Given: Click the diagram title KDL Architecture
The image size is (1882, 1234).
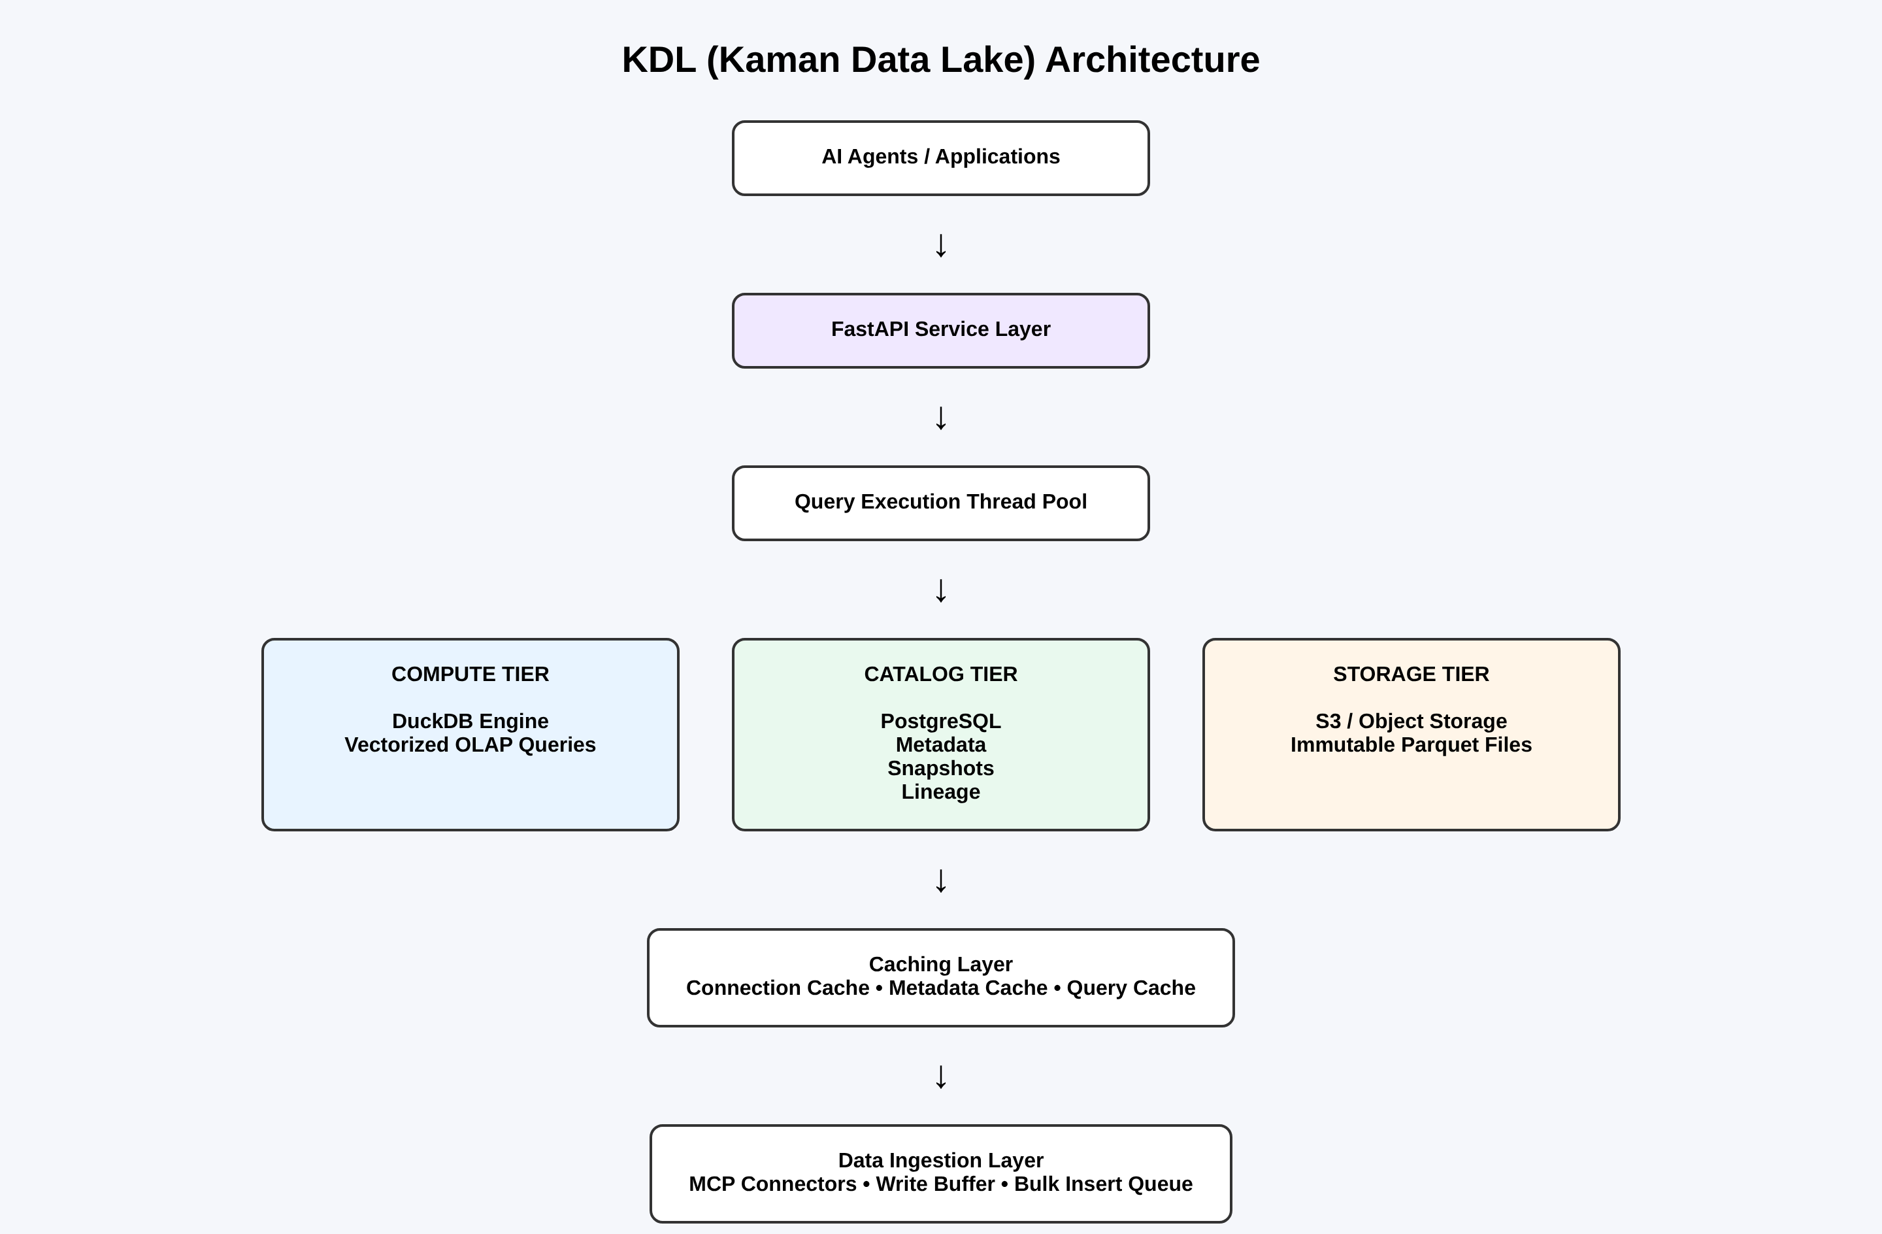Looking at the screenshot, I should [x=940, y=60].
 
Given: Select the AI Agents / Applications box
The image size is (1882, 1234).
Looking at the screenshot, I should [x=940, y=158].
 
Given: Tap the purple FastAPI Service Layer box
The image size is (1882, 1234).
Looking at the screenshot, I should [x=940, y=330].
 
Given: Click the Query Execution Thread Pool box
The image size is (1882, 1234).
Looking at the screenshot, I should [x=940, y=503].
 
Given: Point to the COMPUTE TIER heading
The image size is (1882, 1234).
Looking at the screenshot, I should [x=470, y=674].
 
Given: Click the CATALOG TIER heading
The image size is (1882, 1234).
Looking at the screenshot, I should [x=940, y=674].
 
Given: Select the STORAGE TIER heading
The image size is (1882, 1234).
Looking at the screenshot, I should [x=1411, y=674].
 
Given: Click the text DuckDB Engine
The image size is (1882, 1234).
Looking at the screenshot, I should [x=470, y=721].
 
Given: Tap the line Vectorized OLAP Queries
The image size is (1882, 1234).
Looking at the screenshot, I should [x=470, y=744].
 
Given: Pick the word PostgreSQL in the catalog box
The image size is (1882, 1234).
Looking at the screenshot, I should [x=940, y=721].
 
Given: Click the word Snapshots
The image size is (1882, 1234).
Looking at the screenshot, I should [x=940, y=768].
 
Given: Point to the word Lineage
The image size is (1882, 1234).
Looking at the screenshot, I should [x=940, y=792].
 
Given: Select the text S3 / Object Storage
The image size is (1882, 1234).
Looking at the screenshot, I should [x=1411, y=721].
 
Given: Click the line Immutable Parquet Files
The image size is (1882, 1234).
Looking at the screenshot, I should [x=1411, y=744].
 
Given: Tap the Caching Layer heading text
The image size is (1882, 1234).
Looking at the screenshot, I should [x=940, y=963].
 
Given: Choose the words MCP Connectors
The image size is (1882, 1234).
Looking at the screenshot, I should [x=772, y=1184].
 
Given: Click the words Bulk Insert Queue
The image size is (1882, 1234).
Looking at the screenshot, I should [x=1103, y=1184].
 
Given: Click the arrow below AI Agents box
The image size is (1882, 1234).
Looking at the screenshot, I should [x=940, y=245].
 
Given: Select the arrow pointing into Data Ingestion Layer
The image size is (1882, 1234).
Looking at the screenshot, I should [x=940, y=1076].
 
